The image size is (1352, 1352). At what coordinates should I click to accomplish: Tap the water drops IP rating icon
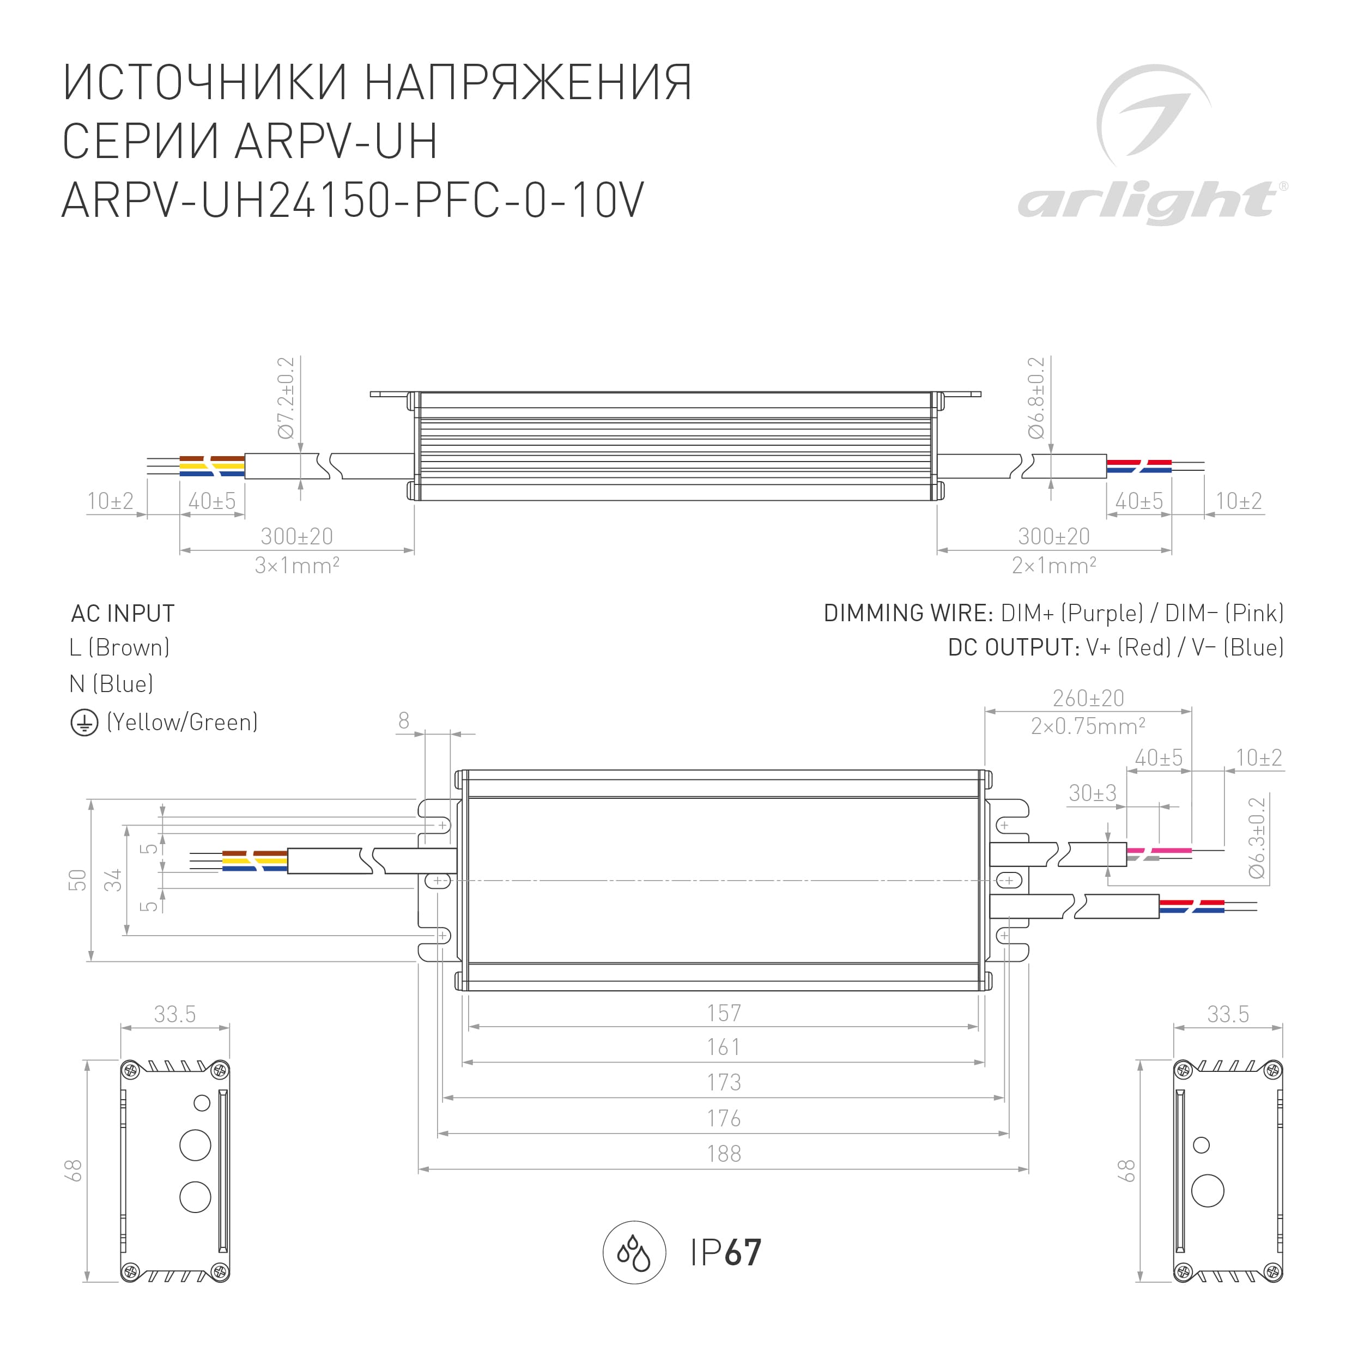pyautogui.click(x=634, y=1253)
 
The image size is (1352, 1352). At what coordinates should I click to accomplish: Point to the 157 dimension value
pyautogui.click(x=724, y=1013)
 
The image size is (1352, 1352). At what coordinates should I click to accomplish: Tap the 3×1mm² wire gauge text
pyautogui.click(x=296, y=565)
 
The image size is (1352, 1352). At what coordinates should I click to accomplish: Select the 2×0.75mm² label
pyautogui.click(x=1088, y=726)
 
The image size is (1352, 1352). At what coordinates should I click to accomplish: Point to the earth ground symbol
pyautogui.click(x=84, y=723)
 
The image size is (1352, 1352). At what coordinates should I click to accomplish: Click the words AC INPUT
pyautogui.click(x=123, y=613)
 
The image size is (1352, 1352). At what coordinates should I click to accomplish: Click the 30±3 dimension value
pyautogui.click(x=1093, y=793)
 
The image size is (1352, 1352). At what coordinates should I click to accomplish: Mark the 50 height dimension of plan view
pyautogui.click(x=78, y=880)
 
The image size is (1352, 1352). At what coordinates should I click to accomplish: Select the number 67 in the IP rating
pyautogui.click(x=742, y=1253)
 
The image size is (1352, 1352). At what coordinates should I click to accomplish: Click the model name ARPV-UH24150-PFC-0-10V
pyautogui.click(x=353, y=200)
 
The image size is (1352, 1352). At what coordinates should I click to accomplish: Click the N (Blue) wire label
pyautogui.click(x=111, y=684)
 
